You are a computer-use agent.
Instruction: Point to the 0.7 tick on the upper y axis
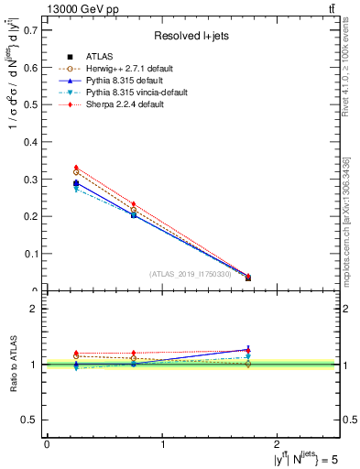29,30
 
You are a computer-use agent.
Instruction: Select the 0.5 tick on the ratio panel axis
29,420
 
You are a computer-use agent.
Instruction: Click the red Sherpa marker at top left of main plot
76,168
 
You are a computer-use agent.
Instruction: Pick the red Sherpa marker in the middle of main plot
134,204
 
